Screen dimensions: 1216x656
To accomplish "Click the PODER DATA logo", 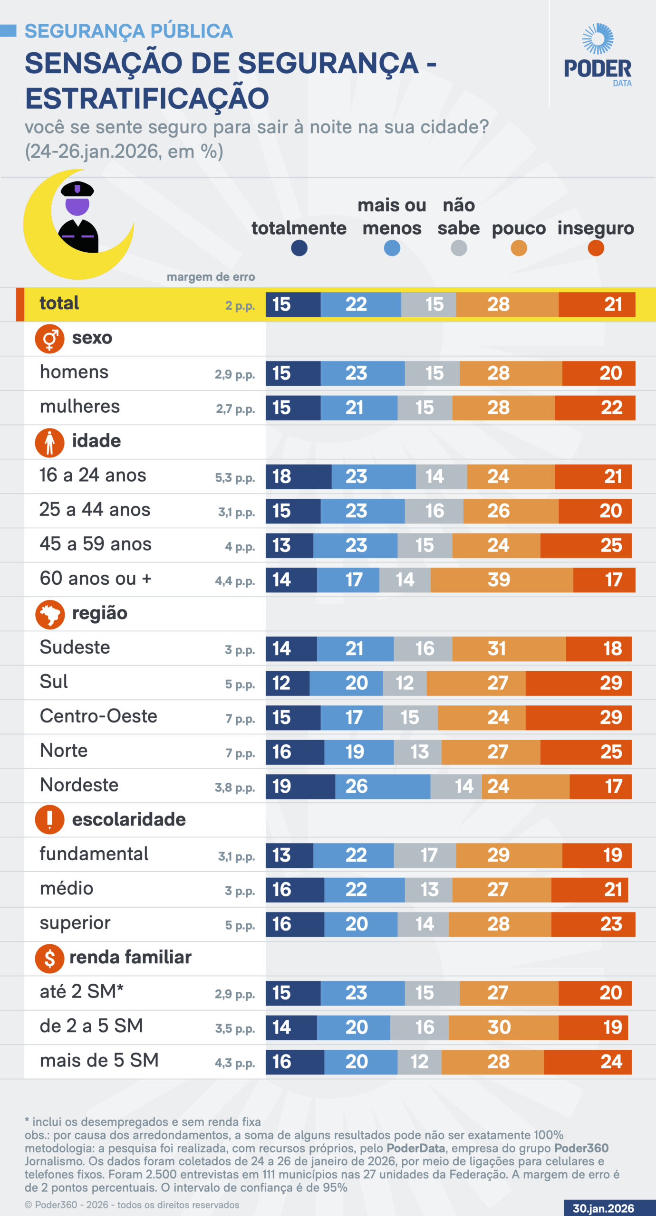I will (x=598, y=55).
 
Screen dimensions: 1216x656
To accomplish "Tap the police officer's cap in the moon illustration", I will (x=77, y=189).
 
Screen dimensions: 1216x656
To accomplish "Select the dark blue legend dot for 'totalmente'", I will (x=299, y=248).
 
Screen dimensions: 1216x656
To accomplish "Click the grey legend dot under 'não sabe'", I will (x=459, y=248).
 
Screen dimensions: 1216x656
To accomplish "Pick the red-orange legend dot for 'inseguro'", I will (x=596, y=248).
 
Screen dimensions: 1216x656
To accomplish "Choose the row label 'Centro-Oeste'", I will (x=98, y=716).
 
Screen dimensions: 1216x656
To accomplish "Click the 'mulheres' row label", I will (x=80, y=407).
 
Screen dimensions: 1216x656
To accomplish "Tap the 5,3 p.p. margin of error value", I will (x=235, y=477).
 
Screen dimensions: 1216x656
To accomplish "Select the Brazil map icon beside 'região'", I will (x=50, y=614).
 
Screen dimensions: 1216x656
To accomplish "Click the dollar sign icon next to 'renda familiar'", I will (x=50, y=959).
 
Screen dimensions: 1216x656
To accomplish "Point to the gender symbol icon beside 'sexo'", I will (x=50, y=339).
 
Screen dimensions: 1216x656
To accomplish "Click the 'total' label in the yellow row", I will (x=59, y=303).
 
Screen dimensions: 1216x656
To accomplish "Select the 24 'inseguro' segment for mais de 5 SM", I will (x=588, y=1062).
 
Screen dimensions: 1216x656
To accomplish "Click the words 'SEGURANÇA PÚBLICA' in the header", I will (x=129, y=31).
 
